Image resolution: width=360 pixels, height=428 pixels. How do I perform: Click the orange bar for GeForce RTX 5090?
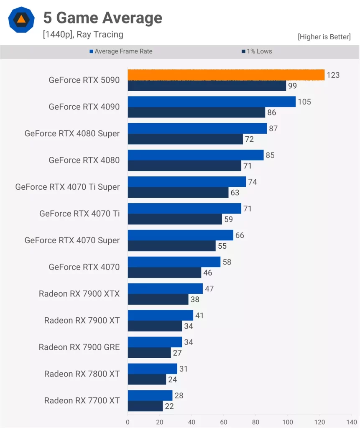[226, 75]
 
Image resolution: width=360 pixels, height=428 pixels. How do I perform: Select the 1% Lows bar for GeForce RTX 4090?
[197, 112]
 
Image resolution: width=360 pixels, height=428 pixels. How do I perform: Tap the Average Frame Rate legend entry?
[121, 51]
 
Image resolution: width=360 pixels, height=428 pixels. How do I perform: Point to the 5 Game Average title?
[102, 18]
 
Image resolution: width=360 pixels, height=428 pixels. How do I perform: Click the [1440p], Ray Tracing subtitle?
[83, 34]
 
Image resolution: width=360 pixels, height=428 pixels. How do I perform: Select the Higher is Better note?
[324, 37]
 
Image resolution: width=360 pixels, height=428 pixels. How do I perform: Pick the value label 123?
[333, 75]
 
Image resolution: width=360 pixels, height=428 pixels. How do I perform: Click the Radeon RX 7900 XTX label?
[79, 294]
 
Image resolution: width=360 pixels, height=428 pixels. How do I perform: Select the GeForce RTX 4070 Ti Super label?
[67, 187]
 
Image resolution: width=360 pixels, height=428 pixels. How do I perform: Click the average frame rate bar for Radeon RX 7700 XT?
[150, 395]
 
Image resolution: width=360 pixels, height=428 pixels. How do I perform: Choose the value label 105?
[304, 102]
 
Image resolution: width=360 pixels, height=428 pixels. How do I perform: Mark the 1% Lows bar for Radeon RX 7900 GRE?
[149, 352]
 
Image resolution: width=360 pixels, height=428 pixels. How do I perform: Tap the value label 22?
[169, 406]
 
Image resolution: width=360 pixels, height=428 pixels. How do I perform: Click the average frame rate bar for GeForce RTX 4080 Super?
[197, 128]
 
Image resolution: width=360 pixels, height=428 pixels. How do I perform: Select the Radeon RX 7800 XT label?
[82, 374]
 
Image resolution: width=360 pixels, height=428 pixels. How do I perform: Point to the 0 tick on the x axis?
[128, 422]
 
